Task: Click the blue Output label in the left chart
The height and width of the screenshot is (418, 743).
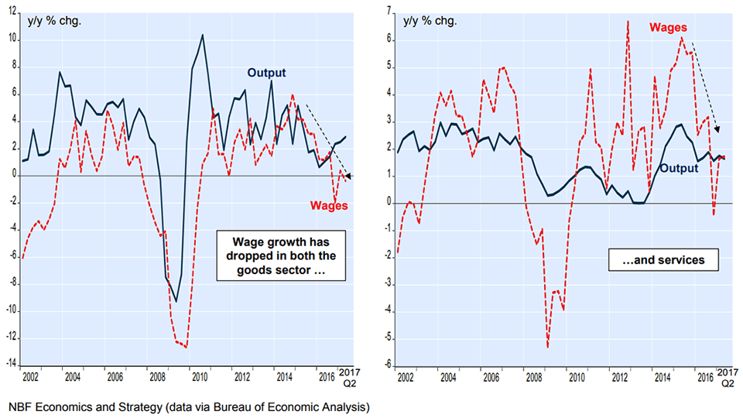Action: click(x=266, y=73)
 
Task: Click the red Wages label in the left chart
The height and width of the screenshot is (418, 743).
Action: click(x=329, y=205)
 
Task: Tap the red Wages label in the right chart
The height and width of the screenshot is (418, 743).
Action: click(x=668, y=27)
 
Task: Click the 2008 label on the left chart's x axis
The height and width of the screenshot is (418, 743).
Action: click(x=156, y=378)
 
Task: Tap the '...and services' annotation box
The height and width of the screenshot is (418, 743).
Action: click(x=664, y=260)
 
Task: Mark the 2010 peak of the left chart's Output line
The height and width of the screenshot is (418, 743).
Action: click(x=203, y=35)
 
